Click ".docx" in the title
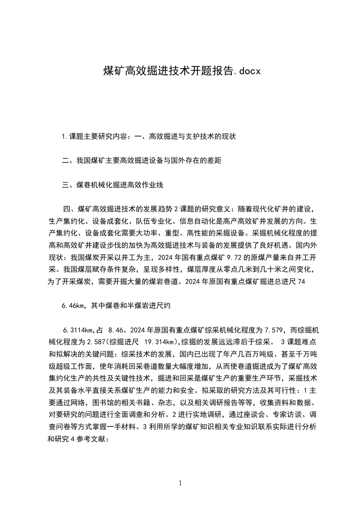247,71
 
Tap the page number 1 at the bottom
180,483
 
